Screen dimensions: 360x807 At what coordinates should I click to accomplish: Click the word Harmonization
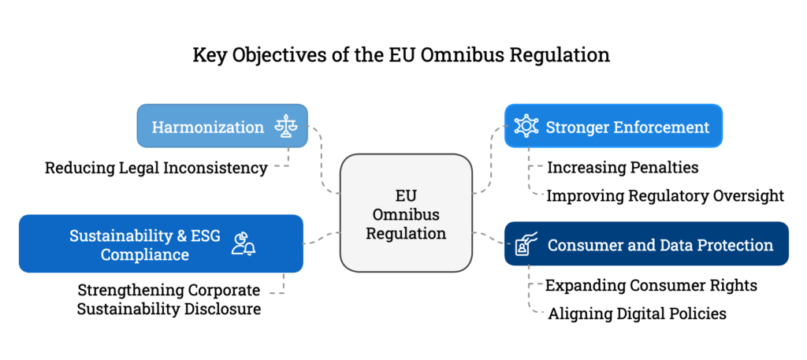(207, 127)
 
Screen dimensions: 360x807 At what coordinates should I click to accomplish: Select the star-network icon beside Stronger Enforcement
(526, 126)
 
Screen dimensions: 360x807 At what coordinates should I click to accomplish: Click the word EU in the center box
(405, 195)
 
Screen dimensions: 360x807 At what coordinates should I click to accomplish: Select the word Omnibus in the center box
(406, 214)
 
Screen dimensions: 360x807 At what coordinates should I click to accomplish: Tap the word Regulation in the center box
(406, 234)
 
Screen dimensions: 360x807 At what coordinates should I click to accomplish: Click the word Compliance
(144, 255)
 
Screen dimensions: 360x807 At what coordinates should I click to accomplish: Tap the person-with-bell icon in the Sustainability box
(243, 244)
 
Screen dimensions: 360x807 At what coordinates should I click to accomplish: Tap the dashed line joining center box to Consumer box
(489, 237)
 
